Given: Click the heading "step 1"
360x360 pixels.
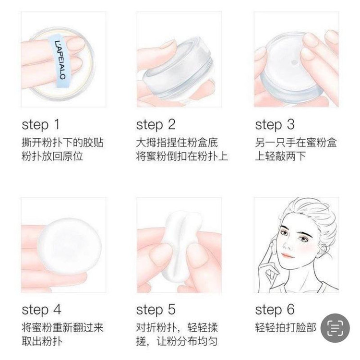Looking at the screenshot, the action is (41, 125).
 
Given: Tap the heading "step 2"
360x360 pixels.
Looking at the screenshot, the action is (156, 125).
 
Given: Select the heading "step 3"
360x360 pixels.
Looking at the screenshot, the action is (275, 125).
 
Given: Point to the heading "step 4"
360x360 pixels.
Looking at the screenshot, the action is (41, 310).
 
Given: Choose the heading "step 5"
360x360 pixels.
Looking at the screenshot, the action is (156, 310).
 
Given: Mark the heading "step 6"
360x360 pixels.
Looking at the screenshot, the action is (275, 310).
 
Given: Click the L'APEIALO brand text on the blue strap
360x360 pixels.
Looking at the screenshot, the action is (60, 60).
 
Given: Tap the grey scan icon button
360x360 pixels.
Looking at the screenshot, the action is (335, 328).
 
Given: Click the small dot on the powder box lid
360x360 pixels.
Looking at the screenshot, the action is (294, 62).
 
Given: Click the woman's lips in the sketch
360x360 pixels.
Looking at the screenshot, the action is (287, 255).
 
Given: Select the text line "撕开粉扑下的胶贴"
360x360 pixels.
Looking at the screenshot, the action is (62, 143).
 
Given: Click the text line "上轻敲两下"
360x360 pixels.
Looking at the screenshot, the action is (281, 156).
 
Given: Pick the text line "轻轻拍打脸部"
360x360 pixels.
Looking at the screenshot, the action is (286, 328).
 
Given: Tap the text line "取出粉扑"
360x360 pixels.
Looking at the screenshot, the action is (42, 341).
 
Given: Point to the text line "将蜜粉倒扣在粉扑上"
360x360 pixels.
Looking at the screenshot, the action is (182, 156).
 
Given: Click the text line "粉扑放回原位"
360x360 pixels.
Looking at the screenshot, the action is (52, 156).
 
